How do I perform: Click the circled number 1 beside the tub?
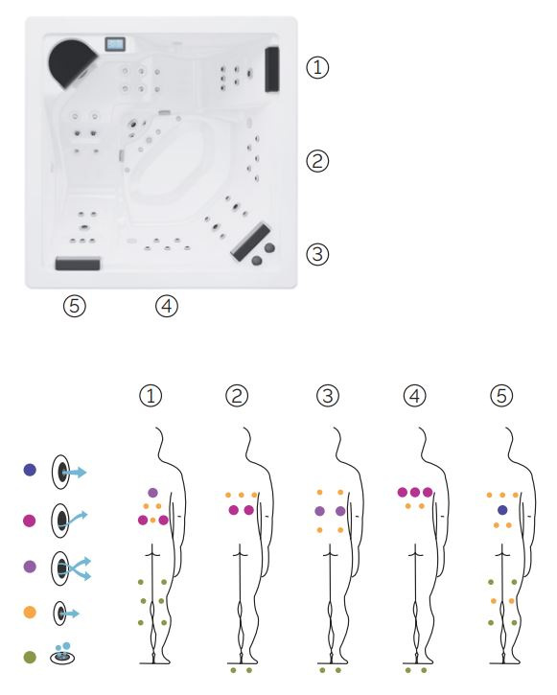click(317, 68)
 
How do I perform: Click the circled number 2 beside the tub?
click(317, 161)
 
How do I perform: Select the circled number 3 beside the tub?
click(317, 254)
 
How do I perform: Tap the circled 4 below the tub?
click(167, 306)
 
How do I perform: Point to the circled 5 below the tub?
click(75, 306)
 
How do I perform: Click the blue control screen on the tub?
click(115, 44)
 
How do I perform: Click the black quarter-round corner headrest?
click(71, 63)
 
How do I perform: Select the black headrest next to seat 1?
click(272, 69)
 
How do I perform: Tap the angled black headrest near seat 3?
click(250, 242)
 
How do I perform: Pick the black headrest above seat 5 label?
click(78, 264)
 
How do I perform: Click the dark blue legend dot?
click(30, 470)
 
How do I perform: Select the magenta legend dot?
click(30, 520)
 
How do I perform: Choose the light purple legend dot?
click(30, 567)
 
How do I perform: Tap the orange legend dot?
click(30, 613)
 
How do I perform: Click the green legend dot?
click(30, 657)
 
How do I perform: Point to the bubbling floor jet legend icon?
click(62, 654)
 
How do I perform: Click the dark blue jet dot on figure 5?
click(502, 510)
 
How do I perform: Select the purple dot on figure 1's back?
click(152, 493)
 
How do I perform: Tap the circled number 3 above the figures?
click(328, 396)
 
